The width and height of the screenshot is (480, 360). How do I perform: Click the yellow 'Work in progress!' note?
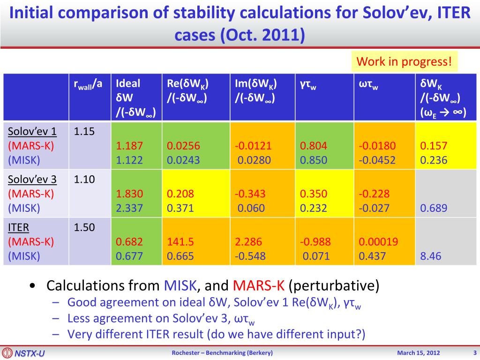tap(404, 61)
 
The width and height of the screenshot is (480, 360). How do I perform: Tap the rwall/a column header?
tap(88, 84)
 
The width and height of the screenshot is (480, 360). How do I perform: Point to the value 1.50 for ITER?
tap(84, 228)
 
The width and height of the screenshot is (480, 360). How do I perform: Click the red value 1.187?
tap(129, 146)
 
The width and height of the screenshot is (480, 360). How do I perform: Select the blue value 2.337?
tap(129, 208)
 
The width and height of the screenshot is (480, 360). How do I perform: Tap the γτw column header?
tap(308, 84)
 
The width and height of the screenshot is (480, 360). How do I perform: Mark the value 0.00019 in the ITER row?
tap(378, 242)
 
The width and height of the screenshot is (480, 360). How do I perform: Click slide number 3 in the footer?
tap(474, 353)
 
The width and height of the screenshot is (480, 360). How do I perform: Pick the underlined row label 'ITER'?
tap(19, 228)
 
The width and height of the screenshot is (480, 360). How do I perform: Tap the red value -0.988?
tap(315, 242)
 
